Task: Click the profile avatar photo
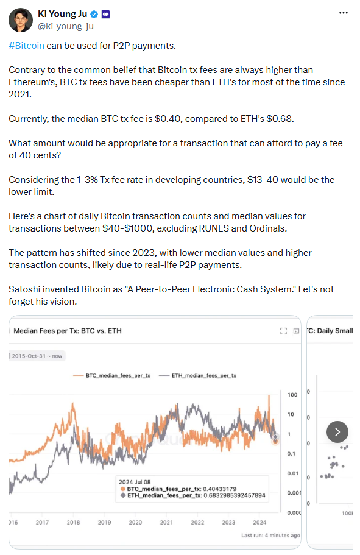click(x=21, y=20)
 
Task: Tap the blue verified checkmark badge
click(x=94, y=14)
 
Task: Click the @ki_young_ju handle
click(x=66, y=26)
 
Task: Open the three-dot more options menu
click(x=344, y=13)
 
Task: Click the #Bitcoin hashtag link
click(x=27, y=46)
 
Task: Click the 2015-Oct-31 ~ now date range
click(x=37, y=356)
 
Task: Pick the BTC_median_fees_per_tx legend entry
click(x=112, y=375)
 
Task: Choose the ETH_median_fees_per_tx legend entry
click(x=197, y=375)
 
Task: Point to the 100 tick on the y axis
click(x=292, y=395)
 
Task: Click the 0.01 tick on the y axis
click(x=293, y=473)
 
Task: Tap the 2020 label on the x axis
click(x=135, y=523)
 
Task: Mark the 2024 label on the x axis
click(x=259, y=523)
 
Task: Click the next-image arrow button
click(x=337, y=432)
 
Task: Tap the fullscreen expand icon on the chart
click(x=283, y=331)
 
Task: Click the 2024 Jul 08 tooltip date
click(x=135, y=482)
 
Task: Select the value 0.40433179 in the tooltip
click(x=219, y=489)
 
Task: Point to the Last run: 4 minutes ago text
click(x=271, y=535)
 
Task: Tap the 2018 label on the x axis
click(x=73, y=523)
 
